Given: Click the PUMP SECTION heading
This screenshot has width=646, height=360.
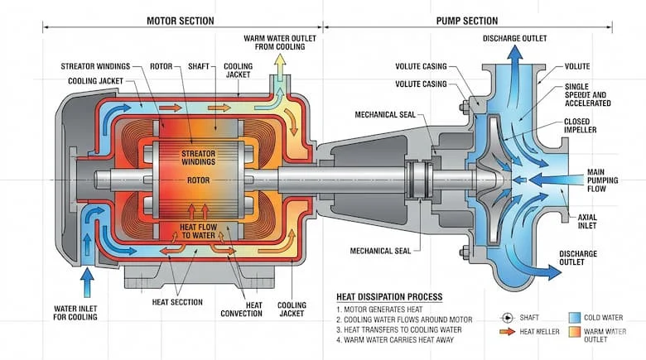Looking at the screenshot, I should point(466,20).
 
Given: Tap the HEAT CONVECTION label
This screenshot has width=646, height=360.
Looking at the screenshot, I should point(242,308).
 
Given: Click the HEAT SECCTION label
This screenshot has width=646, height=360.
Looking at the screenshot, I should point(177,302).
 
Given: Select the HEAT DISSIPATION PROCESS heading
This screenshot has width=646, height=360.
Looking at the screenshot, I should point(389,296).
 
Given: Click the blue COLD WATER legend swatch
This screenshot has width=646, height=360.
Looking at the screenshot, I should point(575,318).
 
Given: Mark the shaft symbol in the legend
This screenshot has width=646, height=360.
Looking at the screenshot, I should point(507,318).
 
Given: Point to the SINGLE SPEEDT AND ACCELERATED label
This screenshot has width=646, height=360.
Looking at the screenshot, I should point(588,94).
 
